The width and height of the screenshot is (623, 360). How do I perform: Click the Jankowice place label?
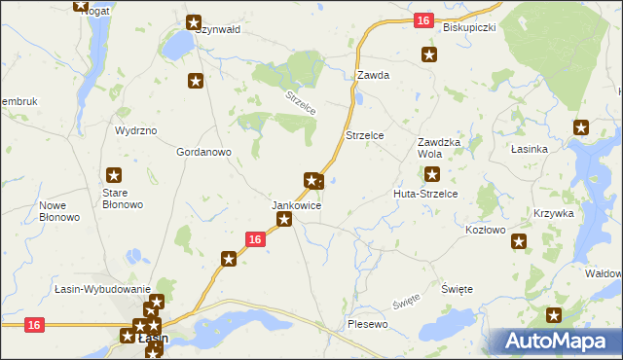(x=296, y=206)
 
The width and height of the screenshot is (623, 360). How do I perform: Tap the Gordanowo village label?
(x=202, y=153)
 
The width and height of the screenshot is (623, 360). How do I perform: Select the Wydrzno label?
(x=135, y=130)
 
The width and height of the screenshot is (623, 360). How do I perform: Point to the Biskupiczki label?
(x=469, y=27)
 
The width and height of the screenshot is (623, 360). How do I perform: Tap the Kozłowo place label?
(x=486, y=230)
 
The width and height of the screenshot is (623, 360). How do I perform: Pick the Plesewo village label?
(x=367, y=323)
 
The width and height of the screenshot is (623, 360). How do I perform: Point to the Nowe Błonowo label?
(x=59, y=211)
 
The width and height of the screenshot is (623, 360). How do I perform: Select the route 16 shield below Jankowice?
(x=254, y=239)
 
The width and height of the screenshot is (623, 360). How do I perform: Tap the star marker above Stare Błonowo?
(x=114, y=175)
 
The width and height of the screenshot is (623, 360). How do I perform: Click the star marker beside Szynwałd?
(x=194, y=21)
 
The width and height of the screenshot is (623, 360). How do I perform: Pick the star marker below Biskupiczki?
(x=428, y=54)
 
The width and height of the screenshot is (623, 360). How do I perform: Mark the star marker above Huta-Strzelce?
(x=432, y=175)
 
